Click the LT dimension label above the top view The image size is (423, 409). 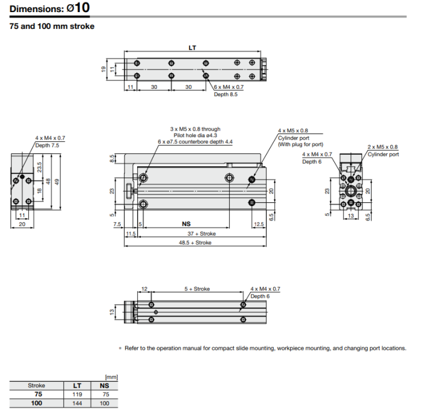coord(192,48)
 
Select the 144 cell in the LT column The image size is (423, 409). coord(77,403)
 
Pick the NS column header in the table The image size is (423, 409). coord(105,385)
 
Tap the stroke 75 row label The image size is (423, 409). coord(38,394)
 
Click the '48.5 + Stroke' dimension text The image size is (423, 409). coord(195,242)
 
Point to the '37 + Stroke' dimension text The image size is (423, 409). coord(201,234)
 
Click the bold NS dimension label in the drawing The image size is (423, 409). coord(186,224)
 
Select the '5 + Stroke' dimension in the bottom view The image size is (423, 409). coord(197,289)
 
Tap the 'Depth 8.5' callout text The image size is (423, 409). coord(226,94)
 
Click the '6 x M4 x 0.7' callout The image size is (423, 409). coord(229,87)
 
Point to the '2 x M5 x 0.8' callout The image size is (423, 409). coord(383,147)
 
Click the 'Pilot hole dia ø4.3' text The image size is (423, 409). coord(195,135)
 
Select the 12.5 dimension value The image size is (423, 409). coord(259,224)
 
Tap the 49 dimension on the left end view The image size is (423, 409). coord(57,182)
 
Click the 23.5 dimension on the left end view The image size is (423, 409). coord(39,167)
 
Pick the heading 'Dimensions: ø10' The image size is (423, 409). coord(50,8)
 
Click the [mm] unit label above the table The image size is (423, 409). coord(111,377)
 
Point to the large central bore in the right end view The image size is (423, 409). coord(350,191)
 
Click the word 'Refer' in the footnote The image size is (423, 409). coord(131,348)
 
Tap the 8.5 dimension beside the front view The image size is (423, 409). coord(112,158)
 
